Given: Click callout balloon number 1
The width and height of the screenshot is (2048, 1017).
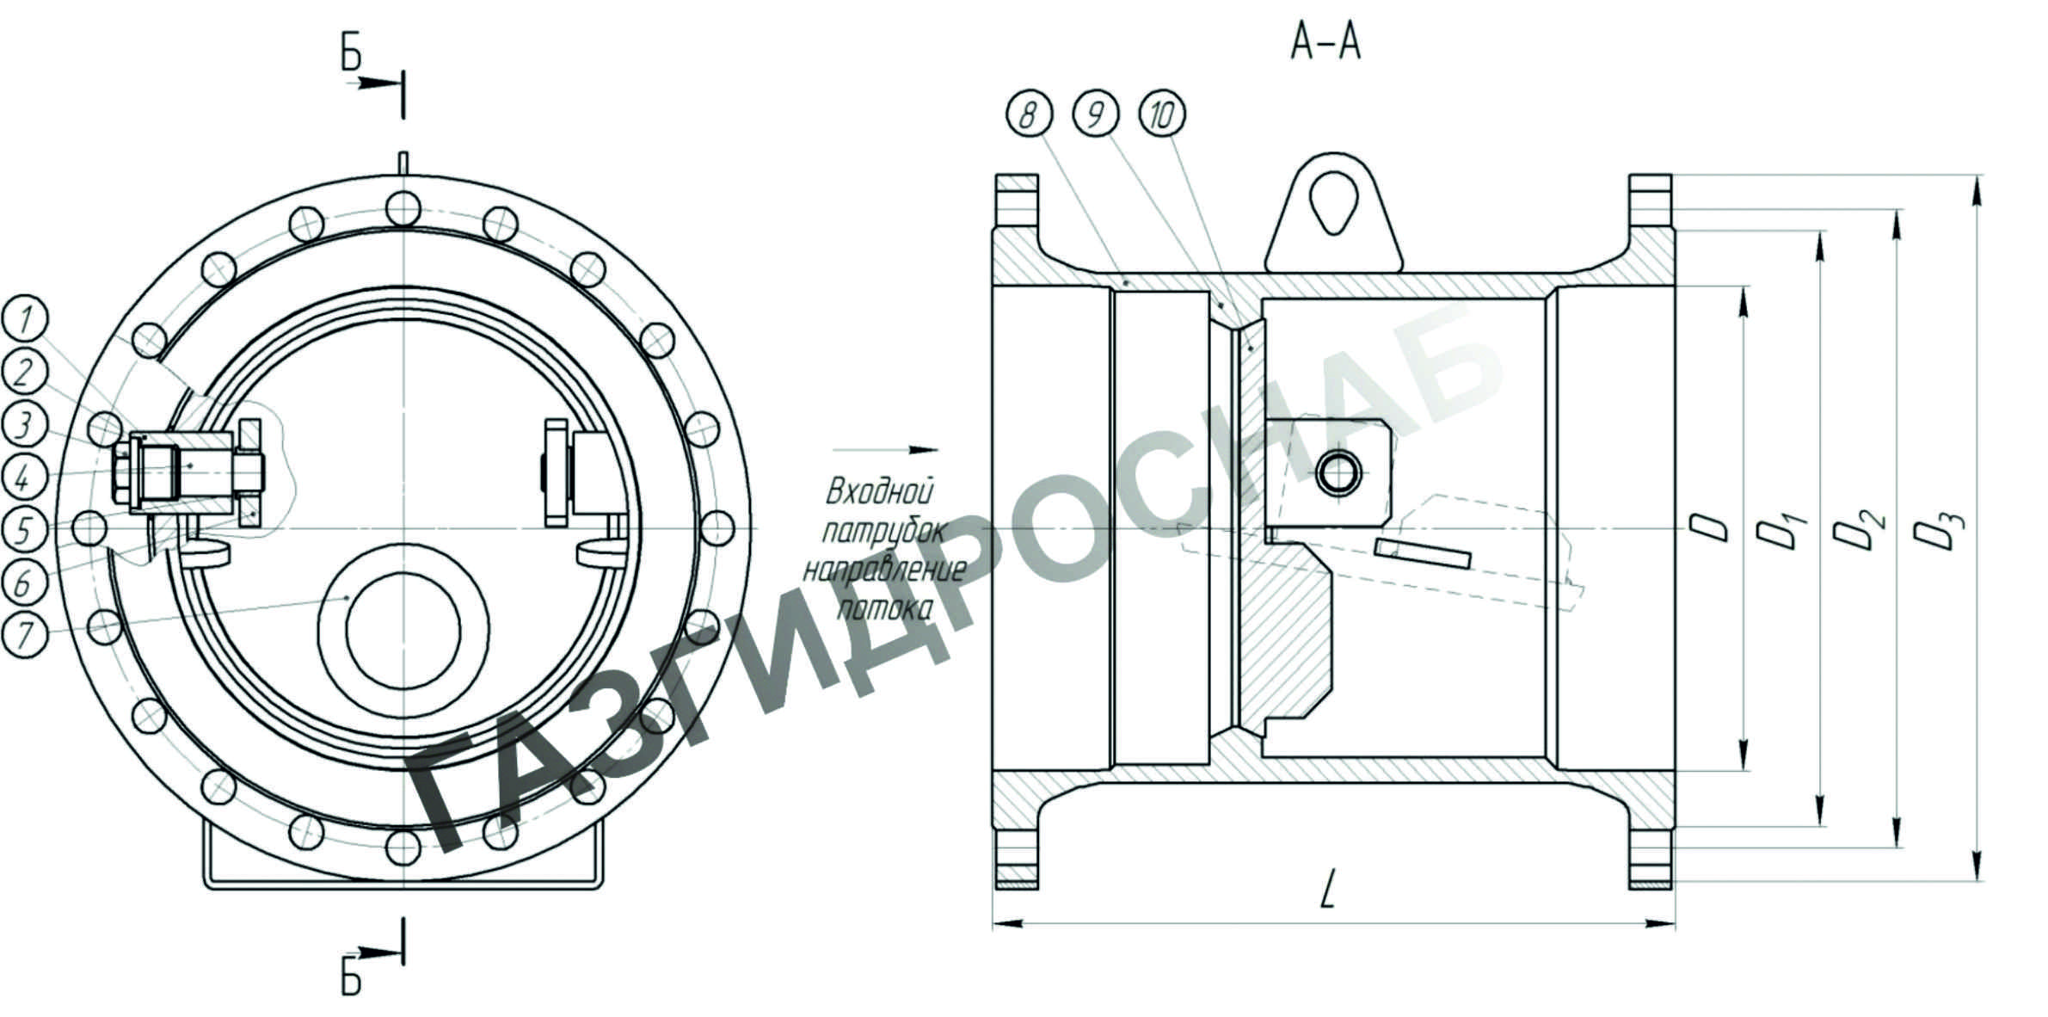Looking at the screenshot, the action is click(25, 320).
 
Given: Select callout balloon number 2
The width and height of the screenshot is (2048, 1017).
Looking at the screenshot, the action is click(25, 372).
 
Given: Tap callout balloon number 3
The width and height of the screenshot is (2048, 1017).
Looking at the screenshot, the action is click(25, 424).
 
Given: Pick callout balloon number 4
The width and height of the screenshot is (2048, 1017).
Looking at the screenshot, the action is click(25, 477).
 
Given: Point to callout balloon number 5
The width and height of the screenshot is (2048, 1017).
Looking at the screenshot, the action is click(25, 529).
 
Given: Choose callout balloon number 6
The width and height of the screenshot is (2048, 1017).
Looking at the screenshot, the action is click(25, 582).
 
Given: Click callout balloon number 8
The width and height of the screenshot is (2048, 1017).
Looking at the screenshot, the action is click(1028, 114).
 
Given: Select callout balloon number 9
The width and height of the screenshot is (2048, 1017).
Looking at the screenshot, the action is click(1095, 114).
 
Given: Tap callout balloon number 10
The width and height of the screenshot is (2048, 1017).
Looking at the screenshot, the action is click(1161, 114).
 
